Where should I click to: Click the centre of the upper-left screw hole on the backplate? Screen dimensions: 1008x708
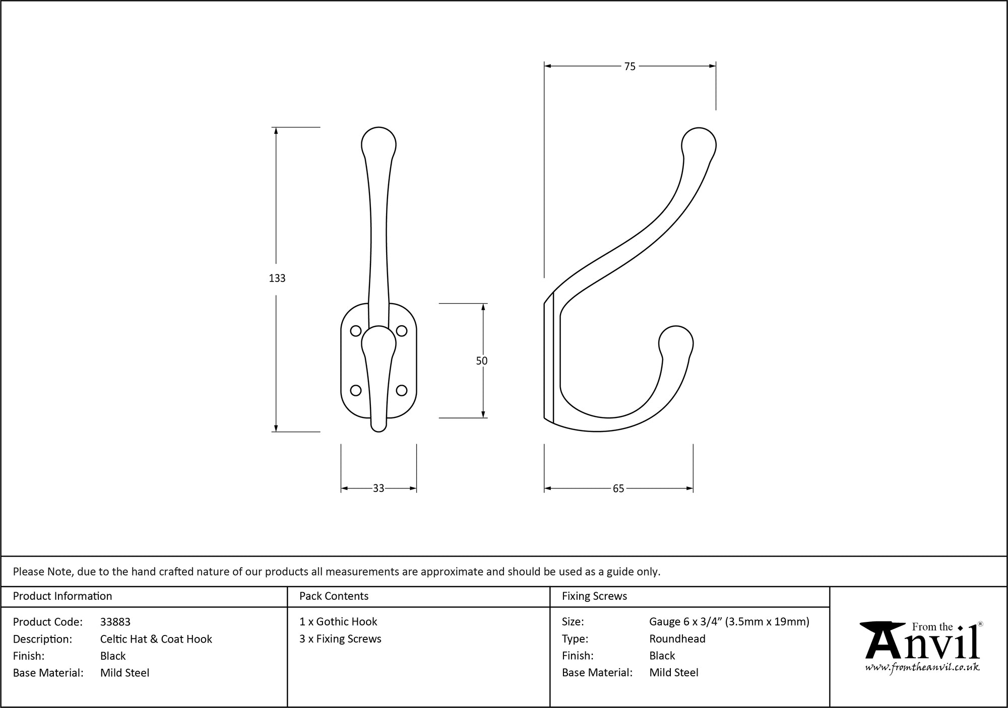click(355, 331)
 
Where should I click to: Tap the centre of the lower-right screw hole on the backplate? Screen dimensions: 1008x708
click(402, 390)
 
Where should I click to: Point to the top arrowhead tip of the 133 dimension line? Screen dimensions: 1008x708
click(276, 127)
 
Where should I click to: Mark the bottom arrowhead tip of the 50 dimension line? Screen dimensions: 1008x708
click(483, 417)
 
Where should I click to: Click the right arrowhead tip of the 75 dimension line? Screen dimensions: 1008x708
click(716, 65)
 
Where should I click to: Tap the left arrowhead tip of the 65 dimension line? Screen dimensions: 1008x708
click(544, 488)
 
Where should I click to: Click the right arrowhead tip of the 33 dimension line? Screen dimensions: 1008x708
click(416, 488)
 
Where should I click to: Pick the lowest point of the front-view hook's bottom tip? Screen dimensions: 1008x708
click(379, 432)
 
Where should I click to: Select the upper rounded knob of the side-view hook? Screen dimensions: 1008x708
click(699, 144)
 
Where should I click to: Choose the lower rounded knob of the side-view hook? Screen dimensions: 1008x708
click(676, 342)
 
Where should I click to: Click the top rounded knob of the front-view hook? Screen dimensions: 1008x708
click(379, 143)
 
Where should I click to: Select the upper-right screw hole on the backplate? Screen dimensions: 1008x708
click(402, 331)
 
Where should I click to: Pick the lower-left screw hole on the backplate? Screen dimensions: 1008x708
click(355, 390)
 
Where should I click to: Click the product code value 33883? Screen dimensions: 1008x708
click(115, 622)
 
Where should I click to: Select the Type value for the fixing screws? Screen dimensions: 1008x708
click(677, 639)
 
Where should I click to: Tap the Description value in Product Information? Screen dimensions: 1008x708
click(156, 639)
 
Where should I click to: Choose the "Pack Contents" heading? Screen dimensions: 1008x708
click(334, 596)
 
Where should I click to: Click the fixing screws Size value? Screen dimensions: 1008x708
click(729, 622)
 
